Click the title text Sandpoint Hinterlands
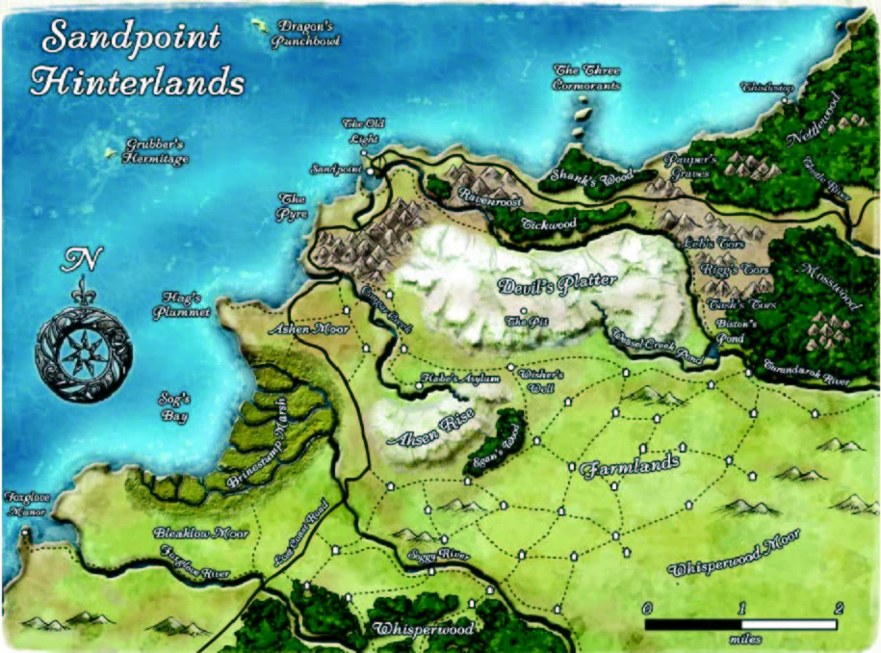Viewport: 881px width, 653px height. [135, 60]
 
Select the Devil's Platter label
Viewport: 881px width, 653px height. [557, 286]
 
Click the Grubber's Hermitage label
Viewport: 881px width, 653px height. [155, 152]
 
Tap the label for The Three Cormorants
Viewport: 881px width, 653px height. [586, 77]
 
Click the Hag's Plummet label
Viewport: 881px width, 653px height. [180, 305]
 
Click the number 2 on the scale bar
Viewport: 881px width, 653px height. [839, 608]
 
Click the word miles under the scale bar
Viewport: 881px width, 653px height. [741, 638]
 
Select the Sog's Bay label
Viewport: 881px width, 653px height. [174, 409]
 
